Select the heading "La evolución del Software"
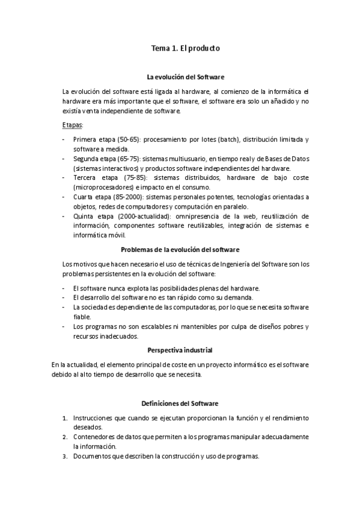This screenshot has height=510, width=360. [x=186, y=77]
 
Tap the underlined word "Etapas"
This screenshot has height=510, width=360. [x=73, y=124]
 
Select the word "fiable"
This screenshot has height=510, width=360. [x=82, y=316]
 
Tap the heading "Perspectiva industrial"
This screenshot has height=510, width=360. [x=180, y=350]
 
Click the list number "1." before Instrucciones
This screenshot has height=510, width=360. [x=65, y=417]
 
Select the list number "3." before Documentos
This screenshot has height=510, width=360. [x=65, y=456]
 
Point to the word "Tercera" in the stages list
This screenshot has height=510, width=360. [x=85, y=177]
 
